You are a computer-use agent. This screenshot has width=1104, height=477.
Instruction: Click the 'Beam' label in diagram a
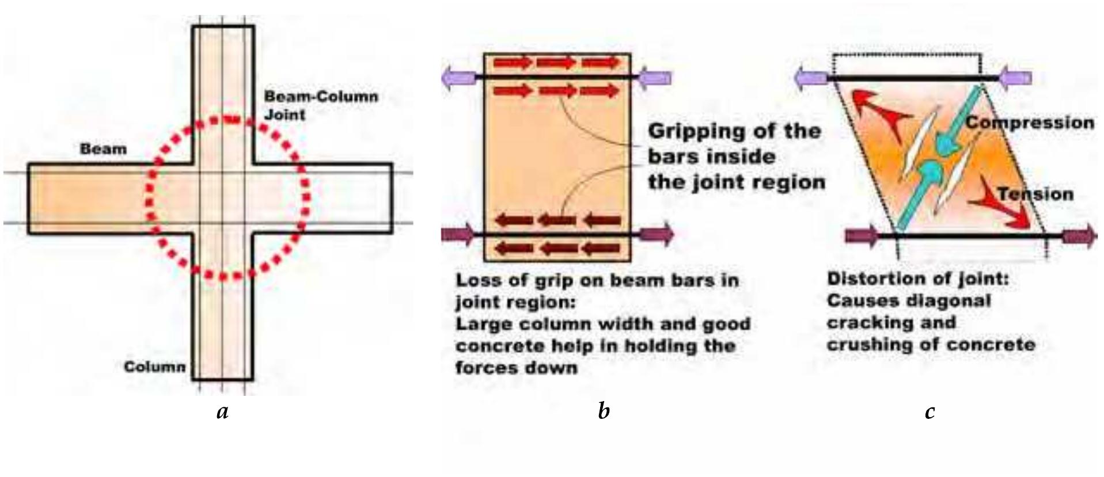103,149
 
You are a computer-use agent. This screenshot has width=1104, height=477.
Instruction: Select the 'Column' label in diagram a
155,367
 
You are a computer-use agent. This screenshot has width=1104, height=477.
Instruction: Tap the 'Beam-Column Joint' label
320,105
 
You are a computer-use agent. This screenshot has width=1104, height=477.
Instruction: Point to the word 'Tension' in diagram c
1035,194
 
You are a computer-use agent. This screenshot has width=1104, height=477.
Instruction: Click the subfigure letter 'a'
223,411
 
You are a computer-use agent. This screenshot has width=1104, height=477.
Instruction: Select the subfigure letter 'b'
604,411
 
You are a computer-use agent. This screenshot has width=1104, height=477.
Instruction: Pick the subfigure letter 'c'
930,411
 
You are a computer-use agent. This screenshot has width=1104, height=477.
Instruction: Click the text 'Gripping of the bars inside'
734,144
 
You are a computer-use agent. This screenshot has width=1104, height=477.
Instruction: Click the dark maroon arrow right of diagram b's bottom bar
656,234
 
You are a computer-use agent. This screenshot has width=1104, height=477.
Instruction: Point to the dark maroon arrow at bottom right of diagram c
1078,236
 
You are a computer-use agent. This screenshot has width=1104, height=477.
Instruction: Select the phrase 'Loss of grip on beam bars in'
597,281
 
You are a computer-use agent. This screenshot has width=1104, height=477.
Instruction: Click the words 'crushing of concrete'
931,344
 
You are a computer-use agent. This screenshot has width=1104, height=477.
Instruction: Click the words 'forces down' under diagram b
516,367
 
